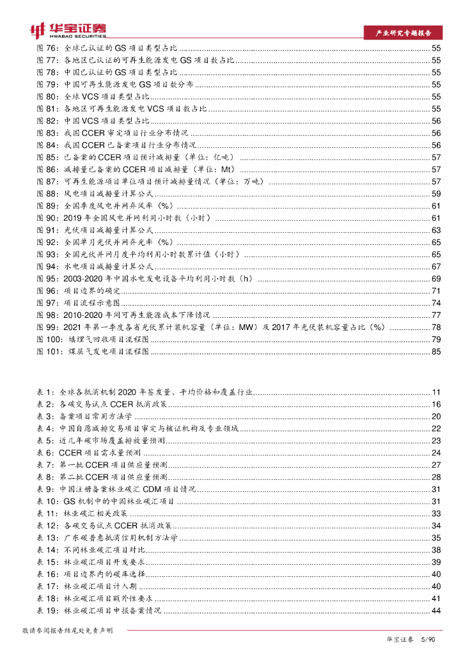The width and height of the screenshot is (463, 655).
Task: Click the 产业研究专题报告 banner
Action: (402, 33)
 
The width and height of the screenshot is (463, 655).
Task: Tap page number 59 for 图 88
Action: (436, 193)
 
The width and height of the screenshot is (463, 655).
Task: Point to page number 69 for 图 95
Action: (436, 278)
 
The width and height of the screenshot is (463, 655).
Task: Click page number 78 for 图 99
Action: (436, 327)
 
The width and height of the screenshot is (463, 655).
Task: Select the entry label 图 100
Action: (51, 339)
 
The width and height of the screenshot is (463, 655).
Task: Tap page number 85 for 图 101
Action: (436, 351)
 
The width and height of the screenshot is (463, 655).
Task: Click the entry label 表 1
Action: (46, 392)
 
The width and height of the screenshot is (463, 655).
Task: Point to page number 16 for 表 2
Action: (436, 404)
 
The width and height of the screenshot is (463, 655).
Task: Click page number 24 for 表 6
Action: (436, 453)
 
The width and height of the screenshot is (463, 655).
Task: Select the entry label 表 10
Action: (48, 501)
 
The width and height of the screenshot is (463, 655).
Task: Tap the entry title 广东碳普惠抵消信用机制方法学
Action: (121, 538)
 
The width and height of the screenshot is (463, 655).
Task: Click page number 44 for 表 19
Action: (436, 611)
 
